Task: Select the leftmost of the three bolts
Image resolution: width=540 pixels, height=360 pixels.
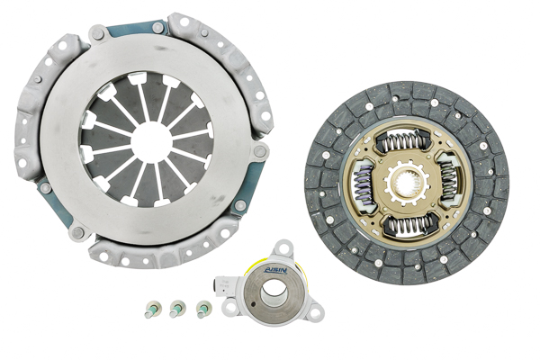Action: (x=150, y=310)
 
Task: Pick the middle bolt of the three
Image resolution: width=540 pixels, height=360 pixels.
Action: (x=176, y=309)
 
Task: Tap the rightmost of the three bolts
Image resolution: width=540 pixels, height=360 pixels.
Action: (x=202, y=308)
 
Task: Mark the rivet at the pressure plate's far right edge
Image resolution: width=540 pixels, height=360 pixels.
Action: (x=260, y=149)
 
